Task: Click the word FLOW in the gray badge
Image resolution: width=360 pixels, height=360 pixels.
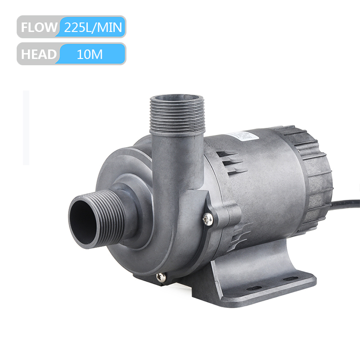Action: click(39, 27)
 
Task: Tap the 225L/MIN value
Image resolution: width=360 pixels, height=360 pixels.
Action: click(93, 27)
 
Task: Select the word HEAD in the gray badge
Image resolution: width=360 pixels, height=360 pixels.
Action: click(39, 54)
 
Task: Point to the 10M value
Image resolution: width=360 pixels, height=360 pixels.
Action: click(90, 54)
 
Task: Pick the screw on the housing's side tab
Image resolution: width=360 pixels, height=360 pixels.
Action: click(207, 219)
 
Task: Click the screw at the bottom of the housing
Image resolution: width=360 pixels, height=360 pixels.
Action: click(161, 277)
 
